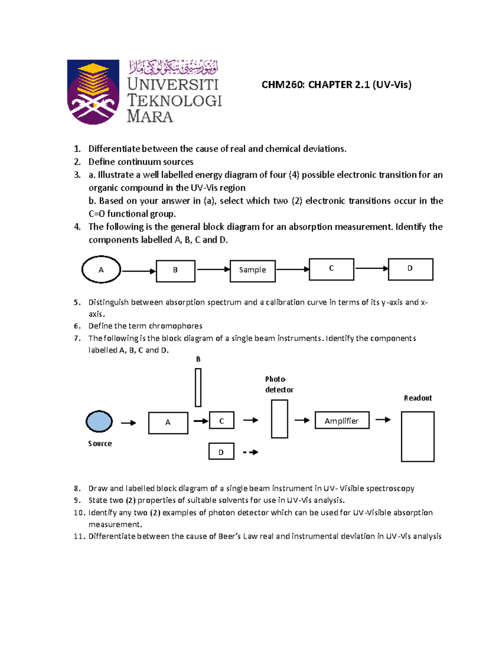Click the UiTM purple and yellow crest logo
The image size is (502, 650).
tap(93, 92)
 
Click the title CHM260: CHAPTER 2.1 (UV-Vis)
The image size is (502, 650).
tap(336, 85)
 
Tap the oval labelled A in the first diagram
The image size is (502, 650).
tap(101, 270)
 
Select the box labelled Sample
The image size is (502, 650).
tap(252, 270)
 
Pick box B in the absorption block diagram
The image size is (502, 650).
tap(175, 271)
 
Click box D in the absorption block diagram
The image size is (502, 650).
tap(410, 269)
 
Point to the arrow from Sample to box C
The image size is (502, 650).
tap(292, 270)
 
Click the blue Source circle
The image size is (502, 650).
tap(99, 421)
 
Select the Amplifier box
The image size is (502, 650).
tap(342, 421)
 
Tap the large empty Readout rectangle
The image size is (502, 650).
tap(417, 437)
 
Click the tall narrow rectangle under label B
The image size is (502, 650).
tap(198, 388)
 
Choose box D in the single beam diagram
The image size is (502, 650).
tap(221, 452)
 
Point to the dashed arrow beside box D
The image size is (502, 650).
tap(251, 452)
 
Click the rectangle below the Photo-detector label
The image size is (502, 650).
tap(279, 419)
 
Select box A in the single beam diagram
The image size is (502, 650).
tap(168, 423)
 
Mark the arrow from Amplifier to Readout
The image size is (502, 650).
tap(383, 420)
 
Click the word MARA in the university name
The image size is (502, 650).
tap(150, 116)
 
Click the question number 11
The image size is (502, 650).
tap(79, 537)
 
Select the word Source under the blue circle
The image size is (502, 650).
tap(100, 444)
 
